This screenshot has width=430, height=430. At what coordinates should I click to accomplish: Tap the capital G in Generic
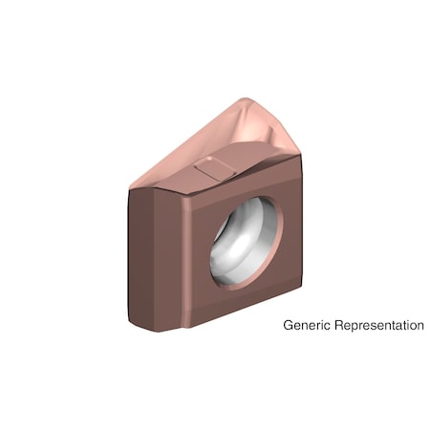(289, 326)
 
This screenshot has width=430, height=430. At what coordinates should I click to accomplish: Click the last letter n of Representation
(419, 326)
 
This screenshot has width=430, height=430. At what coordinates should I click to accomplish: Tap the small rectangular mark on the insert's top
(211, 169)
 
